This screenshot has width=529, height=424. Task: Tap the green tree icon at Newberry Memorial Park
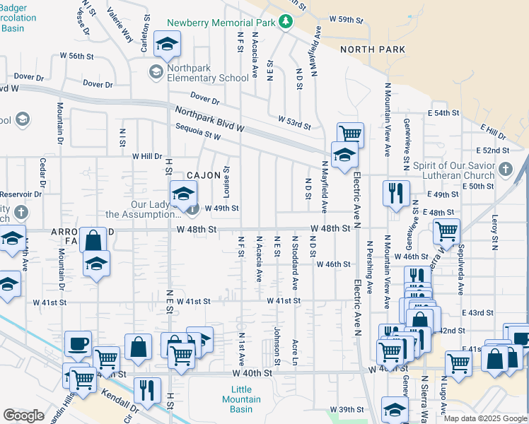286,21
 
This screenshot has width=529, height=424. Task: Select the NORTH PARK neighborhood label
373,49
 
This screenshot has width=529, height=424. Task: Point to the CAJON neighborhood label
204,175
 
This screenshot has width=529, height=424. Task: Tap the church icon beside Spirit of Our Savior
504,170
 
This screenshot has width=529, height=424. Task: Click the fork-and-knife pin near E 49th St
395,192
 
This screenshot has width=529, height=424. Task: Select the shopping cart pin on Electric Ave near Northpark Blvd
350,134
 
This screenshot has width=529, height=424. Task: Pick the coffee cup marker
78,344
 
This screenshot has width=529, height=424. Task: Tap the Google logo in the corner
23,416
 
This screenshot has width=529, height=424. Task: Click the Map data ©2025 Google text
485,418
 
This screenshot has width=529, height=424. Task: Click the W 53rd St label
295,122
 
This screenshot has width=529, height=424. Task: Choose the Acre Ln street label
295,352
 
